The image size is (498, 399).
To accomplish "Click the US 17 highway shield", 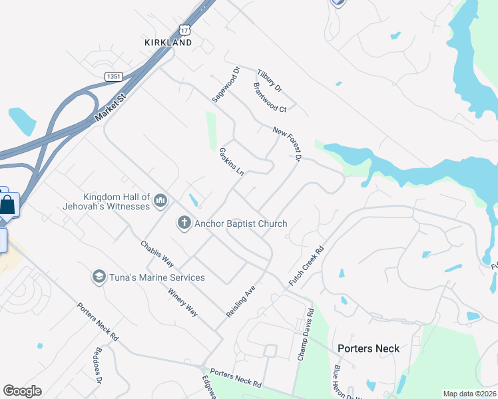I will point(184,30).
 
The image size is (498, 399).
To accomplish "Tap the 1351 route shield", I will point(113,77).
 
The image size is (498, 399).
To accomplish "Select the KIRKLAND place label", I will point(168,43).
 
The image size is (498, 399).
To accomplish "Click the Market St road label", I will point(110,106).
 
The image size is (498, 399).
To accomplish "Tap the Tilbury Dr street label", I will point(270,79).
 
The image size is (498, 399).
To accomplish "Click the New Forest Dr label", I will point(288,144).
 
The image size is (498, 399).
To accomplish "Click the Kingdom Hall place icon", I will point(160,199).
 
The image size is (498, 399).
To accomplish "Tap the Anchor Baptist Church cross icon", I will point(184,223).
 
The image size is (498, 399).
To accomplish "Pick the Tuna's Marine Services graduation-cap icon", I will point(99,277).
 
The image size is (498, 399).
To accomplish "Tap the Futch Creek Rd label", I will point(306,267).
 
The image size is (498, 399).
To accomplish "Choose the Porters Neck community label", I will point(368,348).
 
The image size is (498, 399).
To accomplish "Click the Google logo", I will point(22,391).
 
